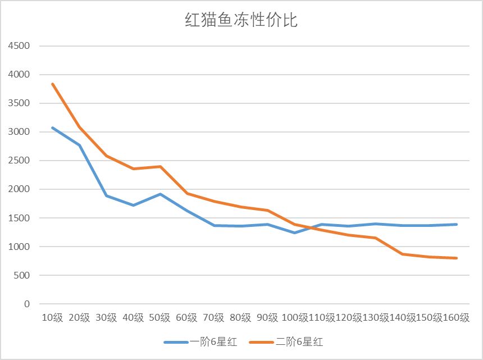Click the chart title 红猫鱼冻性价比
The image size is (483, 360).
(241, 21)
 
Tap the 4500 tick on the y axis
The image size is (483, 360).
(19, 46)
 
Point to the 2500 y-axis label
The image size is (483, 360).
(19, 161)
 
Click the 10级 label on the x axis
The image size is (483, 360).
(52, 318)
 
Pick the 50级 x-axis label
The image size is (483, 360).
(160, 318)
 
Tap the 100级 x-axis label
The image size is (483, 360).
(295, 318)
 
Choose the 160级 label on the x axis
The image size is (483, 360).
(457, 318)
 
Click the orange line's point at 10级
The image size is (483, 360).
(52, 84)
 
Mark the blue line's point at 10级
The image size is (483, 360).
(52, 128)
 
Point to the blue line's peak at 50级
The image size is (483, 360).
(160, 194)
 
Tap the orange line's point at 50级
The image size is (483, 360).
(160, 167)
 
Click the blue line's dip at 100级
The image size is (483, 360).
(295, 233)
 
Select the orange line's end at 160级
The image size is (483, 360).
(457, 258)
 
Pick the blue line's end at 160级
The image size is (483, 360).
(457, 224)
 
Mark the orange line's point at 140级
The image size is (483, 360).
(403, 254)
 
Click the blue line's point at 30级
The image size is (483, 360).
(106, 195)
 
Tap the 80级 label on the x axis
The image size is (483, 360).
(241, 318)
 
